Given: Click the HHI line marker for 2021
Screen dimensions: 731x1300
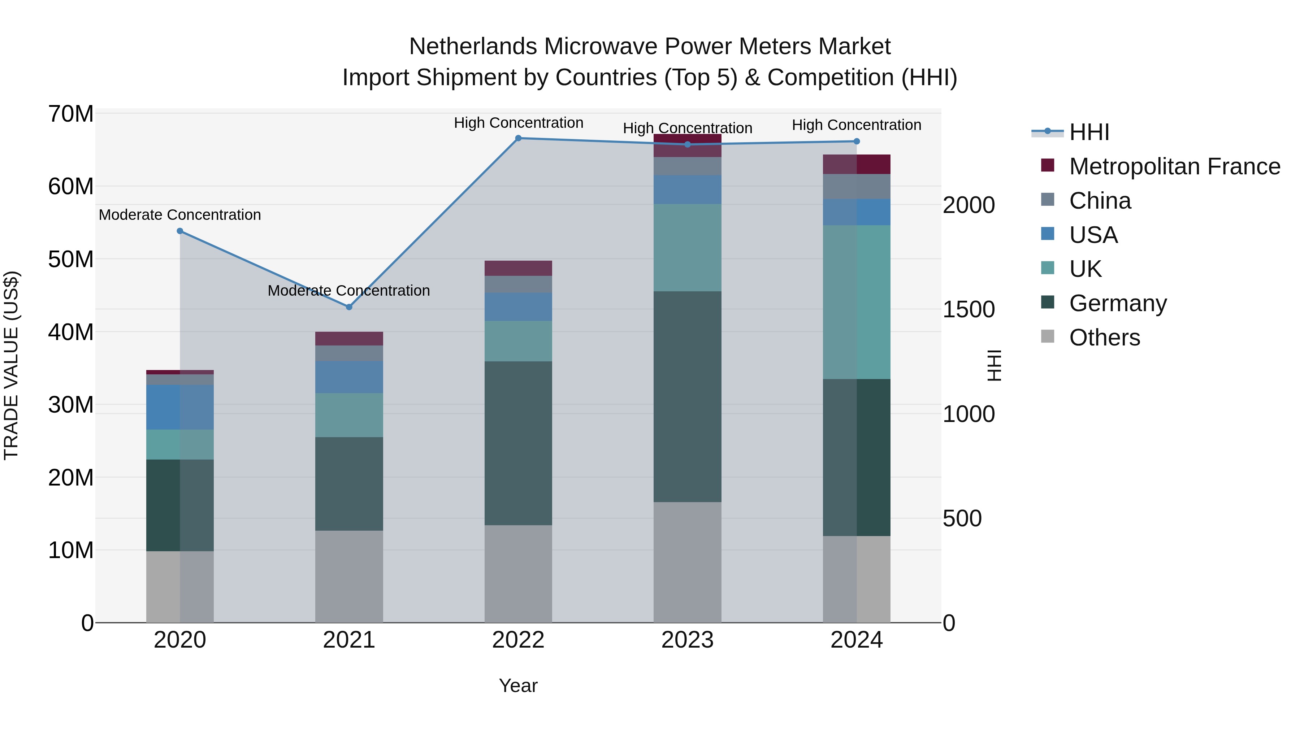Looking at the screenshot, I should tap(349, 307).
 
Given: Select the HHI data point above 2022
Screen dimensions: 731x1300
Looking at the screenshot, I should tap(518, 138).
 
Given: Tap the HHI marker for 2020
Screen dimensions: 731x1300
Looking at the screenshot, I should tap(180, 231).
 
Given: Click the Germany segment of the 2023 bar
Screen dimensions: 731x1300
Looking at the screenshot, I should tap(687, 396).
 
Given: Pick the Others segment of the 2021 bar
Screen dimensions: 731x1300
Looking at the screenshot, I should tap(349, 576).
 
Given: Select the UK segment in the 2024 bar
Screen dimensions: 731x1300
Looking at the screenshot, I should tap(857, 302).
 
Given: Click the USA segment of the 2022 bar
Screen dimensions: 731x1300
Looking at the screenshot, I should tap(518, 307).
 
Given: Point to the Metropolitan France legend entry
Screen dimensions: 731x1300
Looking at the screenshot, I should tap(1174, 166).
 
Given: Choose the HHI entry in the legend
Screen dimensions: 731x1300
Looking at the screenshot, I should tap(1088, 132).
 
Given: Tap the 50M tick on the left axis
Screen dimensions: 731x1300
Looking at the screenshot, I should tap(71, 259).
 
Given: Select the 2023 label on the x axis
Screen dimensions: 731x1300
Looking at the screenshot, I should tap(687, 640).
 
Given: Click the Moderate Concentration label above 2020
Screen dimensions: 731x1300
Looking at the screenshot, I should tap(180, 215).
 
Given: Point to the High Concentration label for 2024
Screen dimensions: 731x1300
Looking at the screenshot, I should tap(857, 125).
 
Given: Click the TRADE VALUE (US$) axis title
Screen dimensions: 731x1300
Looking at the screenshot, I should tap(11, 365).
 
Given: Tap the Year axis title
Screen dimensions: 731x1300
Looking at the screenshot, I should tap(518, 686).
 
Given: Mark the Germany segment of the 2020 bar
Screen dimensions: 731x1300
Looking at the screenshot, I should tap(180, 505).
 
